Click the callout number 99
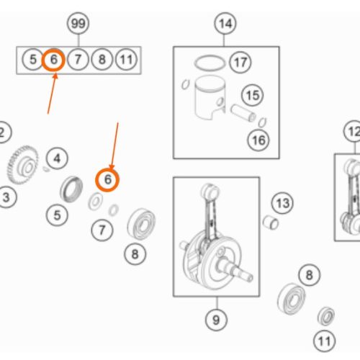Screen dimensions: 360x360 pyautogui.click(x=78, y=24)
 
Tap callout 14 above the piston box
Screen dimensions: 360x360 pyautogui.click(x=225, y=24)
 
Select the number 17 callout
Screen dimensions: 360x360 pyautogui.click(x=240, y=62)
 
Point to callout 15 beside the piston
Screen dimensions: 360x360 pyautogui.click(x=253, y=95)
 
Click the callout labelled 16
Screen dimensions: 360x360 pyautogui.click(x=258, y=140)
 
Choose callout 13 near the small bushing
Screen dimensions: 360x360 pyautogui.click(x=282, y=203)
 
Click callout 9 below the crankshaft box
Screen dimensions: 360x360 pyautogui.click(x=216, y=320)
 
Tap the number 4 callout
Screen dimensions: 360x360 pyautogui.click(x=57, y=158)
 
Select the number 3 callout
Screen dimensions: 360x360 pyautogui.click(x=6, y=197)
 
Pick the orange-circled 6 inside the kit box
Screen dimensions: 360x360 pyautogui.click(x=53, y=60)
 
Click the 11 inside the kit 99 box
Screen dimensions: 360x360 pyautogui.click(x=126, y=60)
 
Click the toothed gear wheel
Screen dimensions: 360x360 pyautogui.click(x=23, y=165)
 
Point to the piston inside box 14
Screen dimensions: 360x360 pyautogui.click(x=210, y=98)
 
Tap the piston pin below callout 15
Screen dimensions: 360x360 pyautogui.click(x=243, y=113)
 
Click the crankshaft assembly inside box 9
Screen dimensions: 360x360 pyautogui.click(x=216, y=238)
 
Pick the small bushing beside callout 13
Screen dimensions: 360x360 pyautogui.click(x=271, y=222)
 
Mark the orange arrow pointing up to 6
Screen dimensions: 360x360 pyautogui.click(x=52, y=94)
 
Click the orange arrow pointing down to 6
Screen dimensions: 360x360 pyautogui.click(x=114, y=146)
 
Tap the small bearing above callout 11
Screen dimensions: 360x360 pyautogui.click(x=326, y=316)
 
